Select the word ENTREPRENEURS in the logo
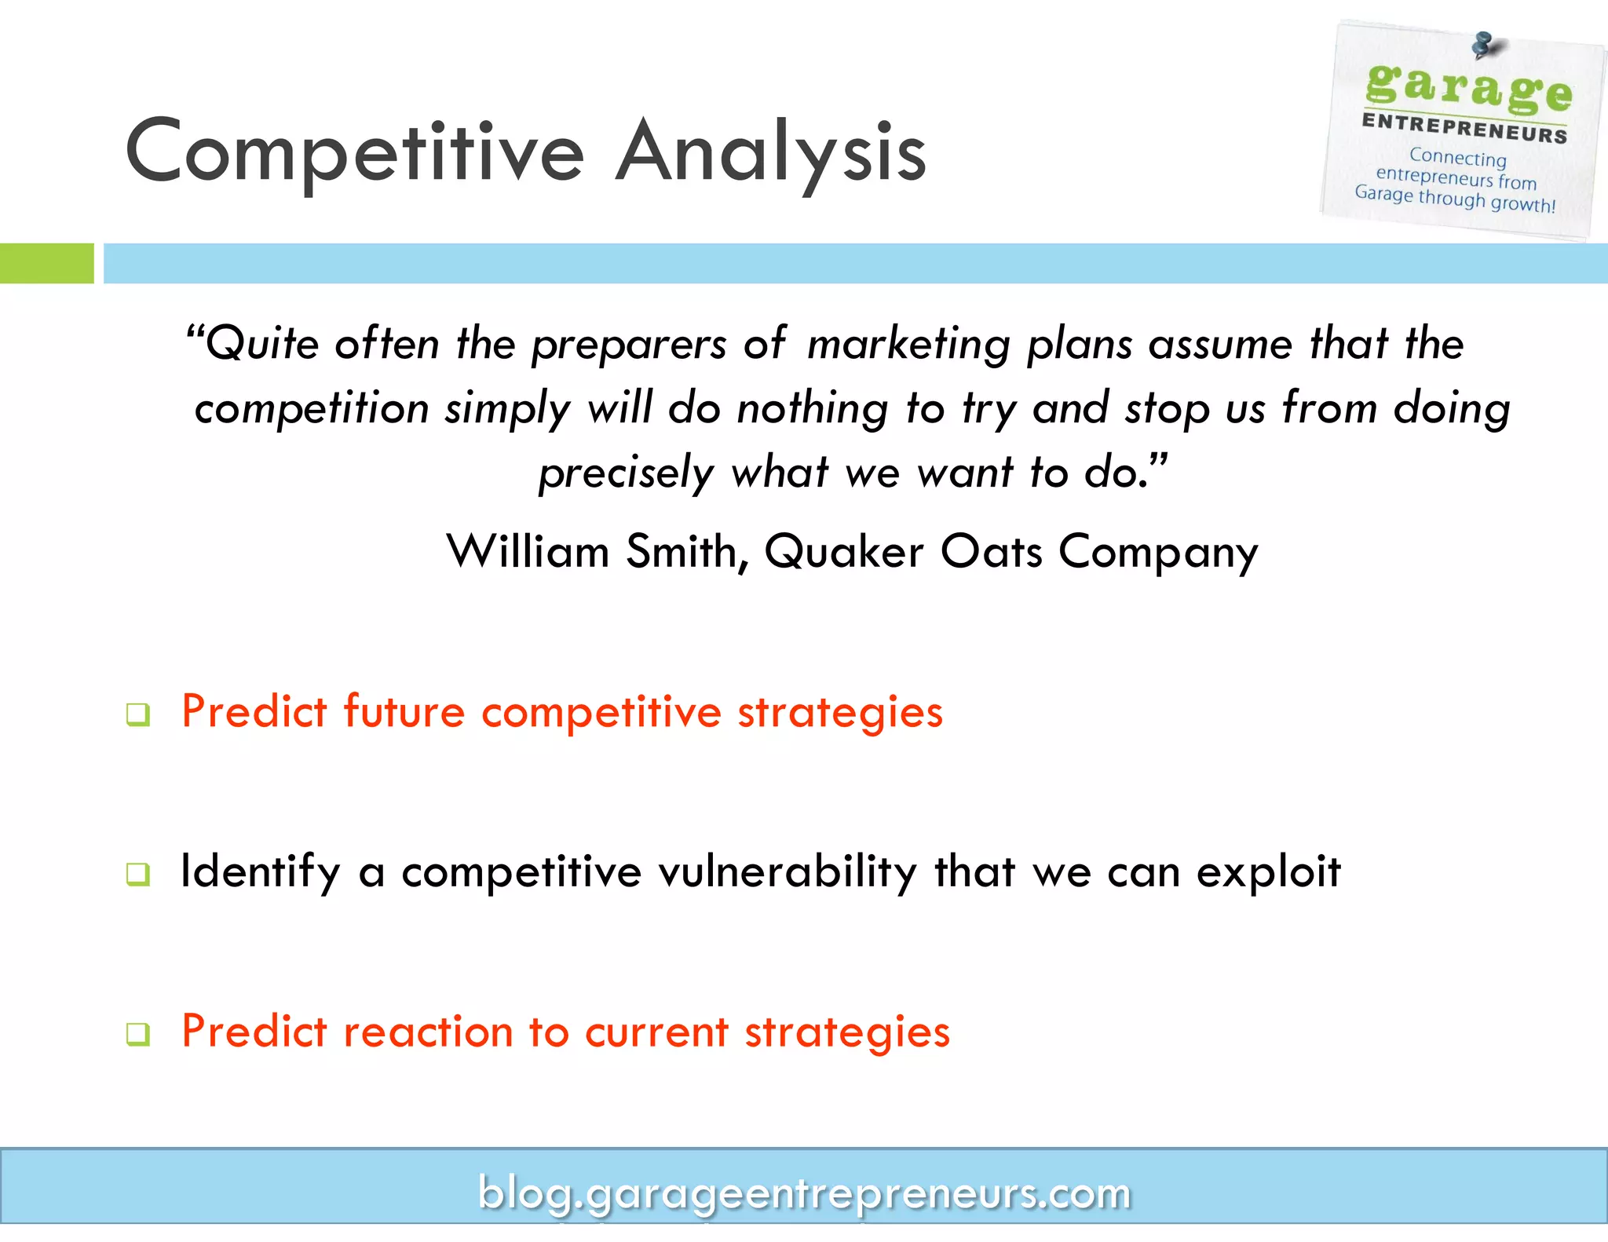1464,128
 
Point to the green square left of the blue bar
46,263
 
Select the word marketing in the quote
908,345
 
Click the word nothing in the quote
813,409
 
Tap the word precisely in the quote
625,473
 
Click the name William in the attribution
528,551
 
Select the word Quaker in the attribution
844,553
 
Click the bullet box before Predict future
138,714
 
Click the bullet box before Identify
138,874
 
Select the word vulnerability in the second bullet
788,871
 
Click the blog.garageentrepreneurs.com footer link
804,1193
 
